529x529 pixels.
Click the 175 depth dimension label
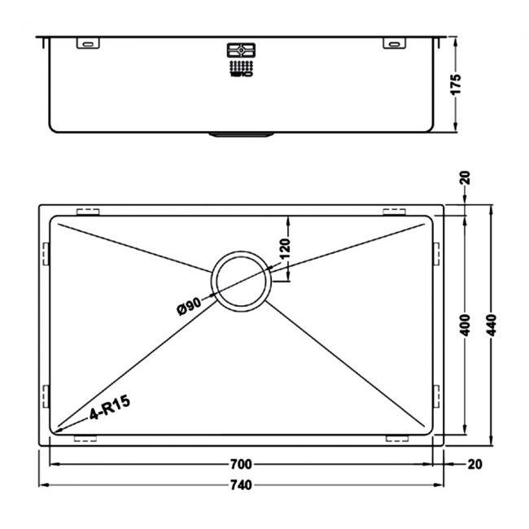457,85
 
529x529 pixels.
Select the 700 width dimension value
240,465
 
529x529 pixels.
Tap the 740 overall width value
240,486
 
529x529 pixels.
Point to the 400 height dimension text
466,326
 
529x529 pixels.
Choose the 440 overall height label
491,326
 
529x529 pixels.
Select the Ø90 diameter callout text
188,307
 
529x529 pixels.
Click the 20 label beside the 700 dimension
475,465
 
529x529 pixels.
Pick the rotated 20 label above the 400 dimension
465,177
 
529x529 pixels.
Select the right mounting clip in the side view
393,43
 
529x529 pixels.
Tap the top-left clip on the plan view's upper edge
87,212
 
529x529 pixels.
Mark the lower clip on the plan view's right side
436,396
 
